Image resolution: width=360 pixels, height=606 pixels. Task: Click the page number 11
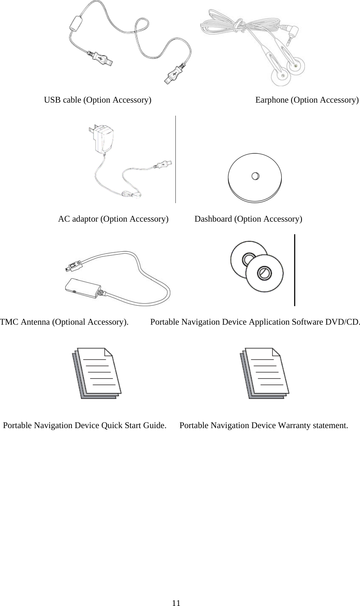point(176,603)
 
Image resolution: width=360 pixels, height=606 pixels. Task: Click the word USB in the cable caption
point(52,100)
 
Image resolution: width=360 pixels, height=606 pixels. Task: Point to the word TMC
point(8,323)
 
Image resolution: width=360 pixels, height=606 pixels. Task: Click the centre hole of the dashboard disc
point(255,176)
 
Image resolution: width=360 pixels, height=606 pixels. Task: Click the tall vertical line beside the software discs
point(295,270)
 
